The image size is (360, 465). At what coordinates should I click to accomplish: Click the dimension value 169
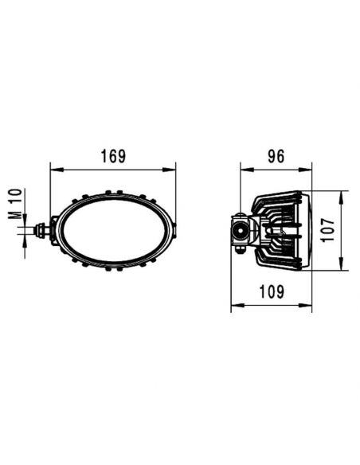pyautogui.click(x=113, y=157)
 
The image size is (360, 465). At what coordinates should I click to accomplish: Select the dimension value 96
pyautogui.click(x=276, y=157)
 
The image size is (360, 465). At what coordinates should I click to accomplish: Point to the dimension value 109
pyautogui.click(x=272, y=291)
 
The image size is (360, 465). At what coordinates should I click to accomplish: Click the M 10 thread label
pyautogui.click(x=14, y=204)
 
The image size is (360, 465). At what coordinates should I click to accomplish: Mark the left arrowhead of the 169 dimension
pyautogui.click(x=54, y=168)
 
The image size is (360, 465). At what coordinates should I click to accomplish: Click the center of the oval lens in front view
pyautogui.click(x=113, y=230)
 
